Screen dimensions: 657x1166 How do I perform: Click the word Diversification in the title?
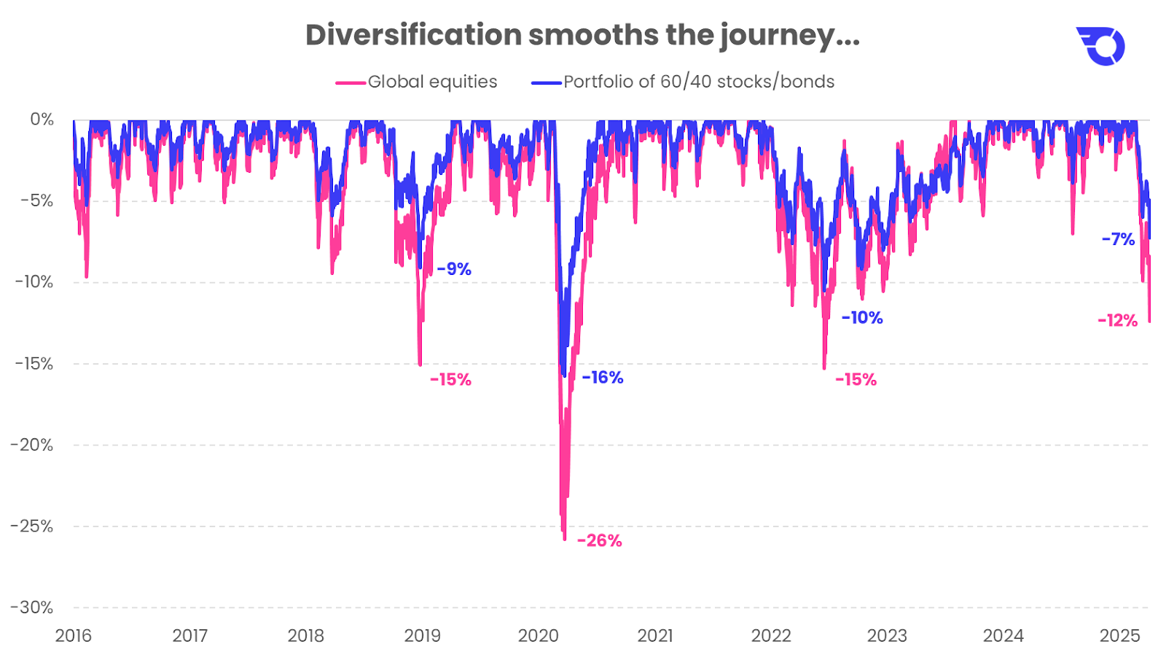tap(413, 35)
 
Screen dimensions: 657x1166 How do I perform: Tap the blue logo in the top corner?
tap(1100, 46)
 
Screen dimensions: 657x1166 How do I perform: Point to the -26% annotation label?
tap(599, 541)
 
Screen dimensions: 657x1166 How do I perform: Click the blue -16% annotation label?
tap(603, 378)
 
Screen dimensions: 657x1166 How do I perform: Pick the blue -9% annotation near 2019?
tap(454, 269)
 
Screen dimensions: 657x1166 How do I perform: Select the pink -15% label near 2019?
tap(450, 380)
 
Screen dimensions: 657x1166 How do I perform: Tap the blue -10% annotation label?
tap(861, 318)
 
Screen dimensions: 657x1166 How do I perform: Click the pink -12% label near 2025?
tap(1117, 321)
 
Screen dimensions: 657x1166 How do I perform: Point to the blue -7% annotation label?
tap(1118, 239)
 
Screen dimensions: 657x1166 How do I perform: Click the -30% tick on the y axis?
tap(32, 607)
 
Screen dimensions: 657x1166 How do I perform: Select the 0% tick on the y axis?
tap(42, 120)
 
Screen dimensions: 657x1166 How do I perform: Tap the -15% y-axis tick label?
tap(32, 364)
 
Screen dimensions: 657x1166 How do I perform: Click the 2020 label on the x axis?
tap(538, 636)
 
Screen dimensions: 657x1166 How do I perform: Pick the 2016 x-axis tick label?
tap(74, 636)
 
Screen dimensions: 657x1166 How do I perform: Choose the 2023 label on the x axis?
tap(887, 636)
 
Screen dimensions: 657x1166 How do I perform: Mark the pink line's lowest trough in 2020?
tap(564, 538)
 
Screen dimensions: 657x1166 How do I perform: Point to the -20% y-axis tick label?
tap(32, 445)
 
